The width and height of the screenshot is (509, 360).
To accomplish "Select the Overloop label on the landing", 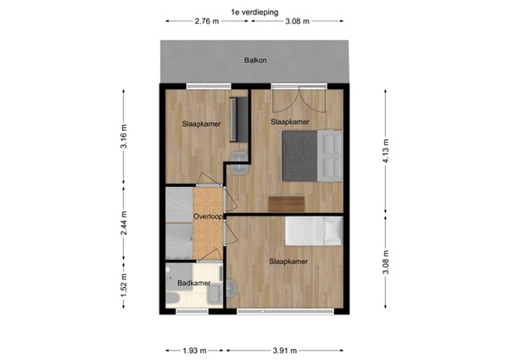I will point(208,217).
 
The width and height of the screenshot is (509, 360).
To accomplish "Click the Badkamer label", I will point(194,283).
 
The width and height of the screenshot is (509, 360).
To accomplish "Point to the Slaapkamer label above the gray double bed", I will point(289,122).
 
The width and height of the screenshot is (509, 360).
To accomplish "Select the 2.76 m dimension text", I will point(208,22).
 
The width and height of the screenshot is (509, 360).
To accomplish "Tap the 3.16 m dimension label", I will point(125,138).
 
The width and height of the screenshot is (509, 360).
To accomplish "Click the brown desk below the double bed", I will point(286,203).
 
